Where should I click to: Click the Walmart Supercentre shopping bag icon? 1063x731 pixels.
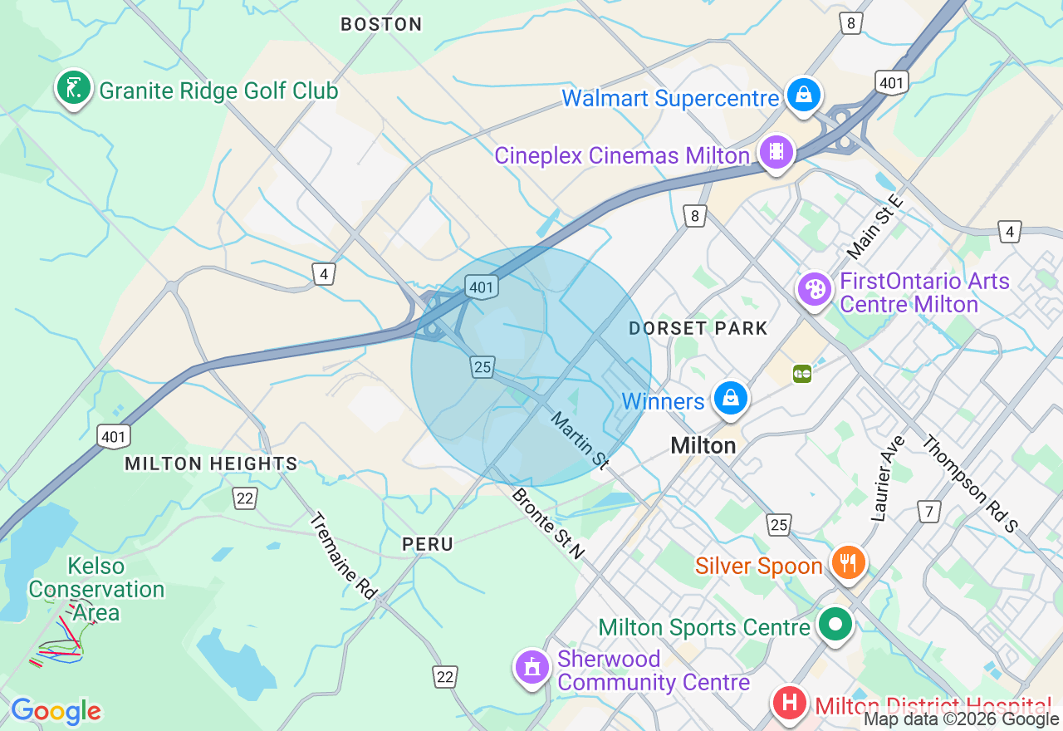[803, 96]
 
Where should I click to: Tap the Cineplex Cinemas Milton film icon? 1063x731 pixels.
[776, 152]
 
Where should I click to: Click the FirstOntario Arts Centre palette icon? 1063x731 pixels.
[815, 289]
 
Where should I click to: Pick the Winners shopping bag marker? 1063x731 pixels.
[731, 399]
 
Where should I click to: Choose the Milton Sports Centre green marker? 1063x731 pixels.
[835, 624]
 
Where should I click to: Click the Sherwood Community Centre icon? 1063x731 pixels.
[531, 666]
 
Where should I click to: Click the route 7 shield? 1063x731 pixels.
[928, 511]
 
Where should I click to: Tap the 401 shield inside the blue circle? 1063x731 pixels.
[481, 287]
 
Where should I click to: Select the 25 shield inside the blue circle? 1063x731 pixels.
[483, 366]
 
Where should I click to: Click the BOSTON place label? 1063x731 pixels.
[381, 25]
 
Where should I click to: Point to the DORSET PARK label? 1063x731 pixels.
[698, 328]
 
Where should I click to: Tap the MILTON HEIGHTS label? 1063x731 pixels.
[211, 464]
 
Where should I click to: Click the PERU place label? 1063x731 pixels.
[428, 544]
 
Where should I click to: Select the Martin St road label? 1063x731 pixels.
[580, 440]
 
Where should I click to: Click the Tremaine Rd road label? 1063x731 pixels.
[343, 554]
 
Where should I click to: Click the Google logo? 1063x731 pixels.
[56, 711]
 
